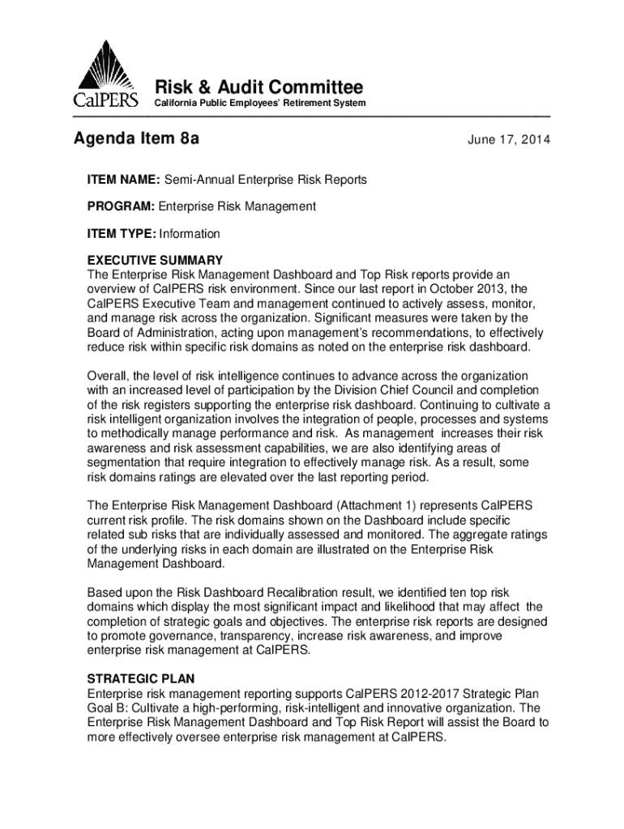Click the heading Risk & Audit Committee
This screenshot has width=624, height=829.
(259, 87)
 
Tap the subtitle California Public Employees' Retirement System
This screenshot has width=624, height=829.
(260, 104)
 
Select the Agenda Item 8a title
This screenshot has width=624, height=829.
(137, 140)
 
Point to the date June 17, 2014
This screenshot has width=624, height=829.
(509, 141)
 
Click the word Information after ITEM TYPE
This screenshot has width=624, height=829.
(190, 234)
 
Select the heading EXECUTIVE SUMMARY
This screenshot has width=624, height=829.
(155, 261)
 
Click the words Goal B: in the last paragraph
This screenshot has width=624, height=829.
(108, 708)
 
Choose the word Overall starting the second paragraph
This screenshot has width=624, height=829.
(106, 376)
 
